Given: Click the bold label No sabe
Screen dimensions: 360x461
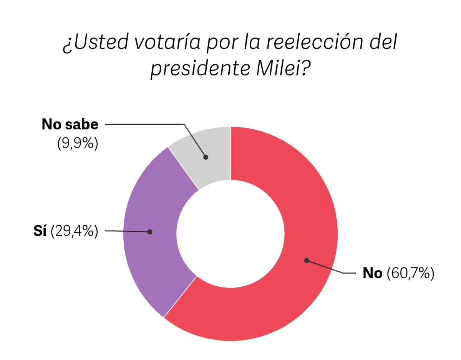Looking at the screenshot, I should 70,125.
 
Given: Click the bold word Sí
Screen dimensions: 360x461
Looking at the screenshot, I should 40,231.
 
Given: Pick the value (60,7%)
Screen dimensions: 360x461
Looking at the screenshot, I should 410,274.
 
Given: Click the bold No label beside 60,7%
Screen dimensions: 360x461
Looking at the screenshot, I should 373,274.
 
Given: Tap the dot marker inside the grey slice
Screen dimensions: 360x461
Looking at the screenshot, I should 206,157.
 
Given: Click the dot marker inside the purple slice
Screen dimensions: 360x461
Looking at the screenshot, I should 150,232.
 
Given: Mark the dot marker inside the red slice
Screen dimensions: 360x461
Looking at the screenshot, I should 306,260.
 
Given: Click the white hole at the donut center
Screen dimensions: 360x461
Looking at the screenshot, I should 230,233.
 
